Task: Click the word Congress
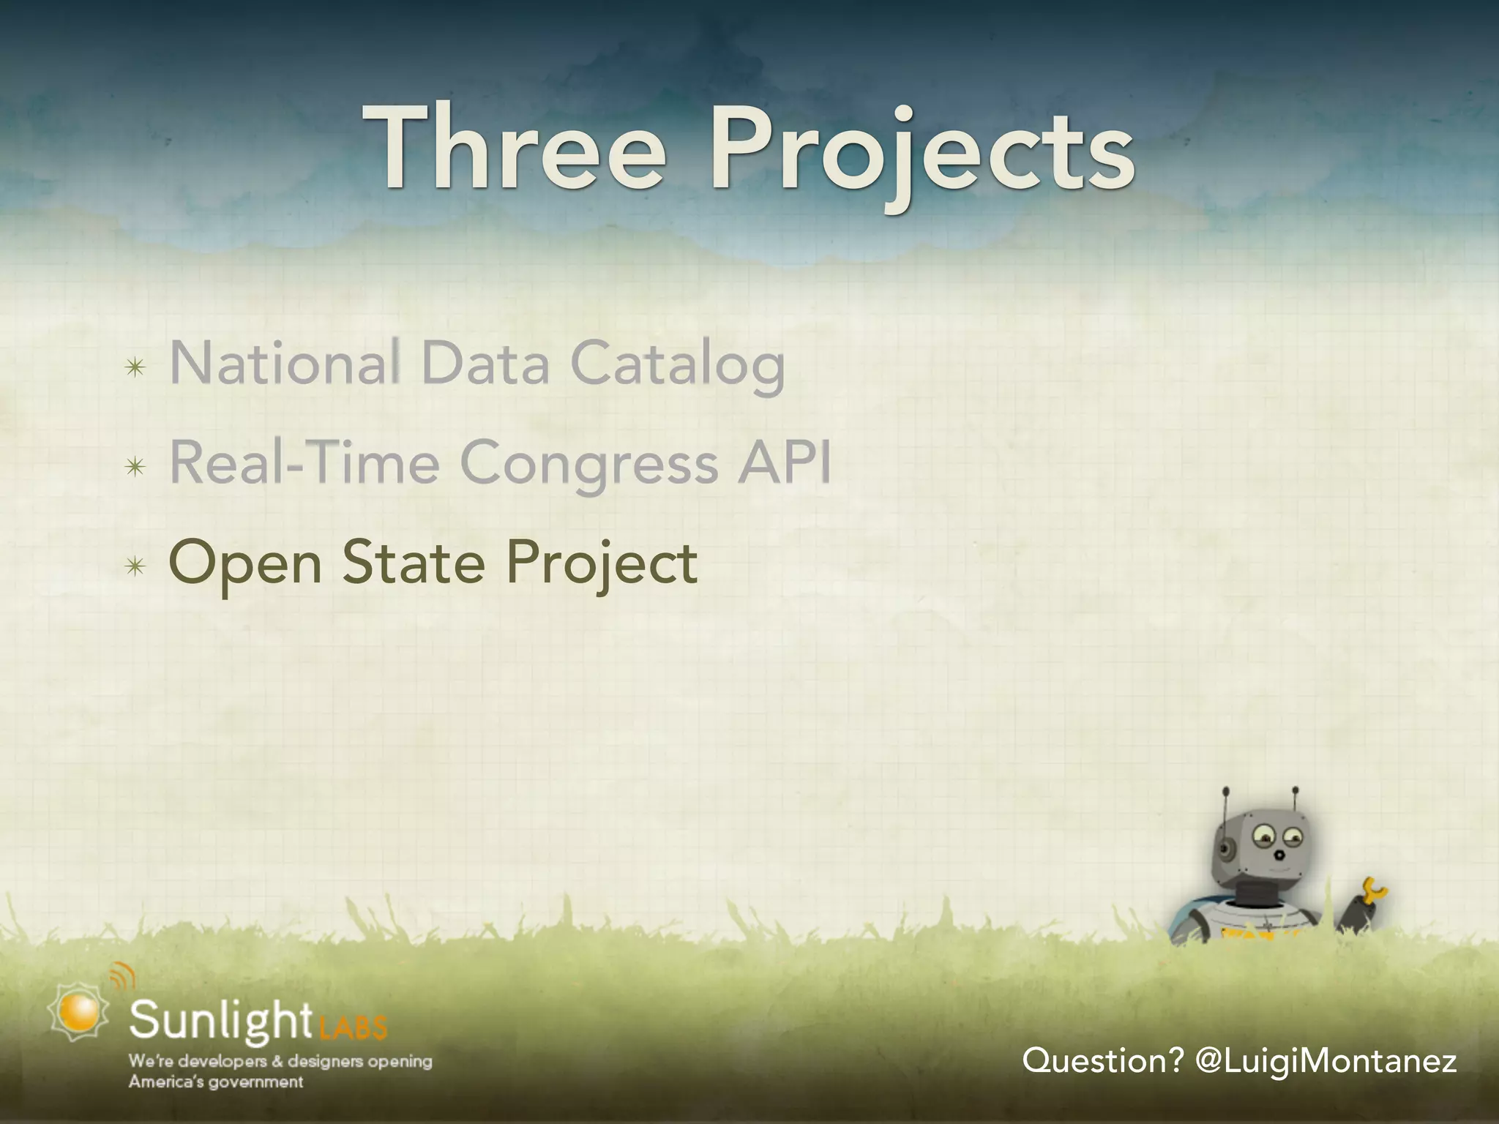(588, 465)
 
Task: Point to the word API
(783, 462)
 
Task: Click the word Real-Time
(304, 463)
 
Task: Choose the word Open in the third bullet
(245, 564)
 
